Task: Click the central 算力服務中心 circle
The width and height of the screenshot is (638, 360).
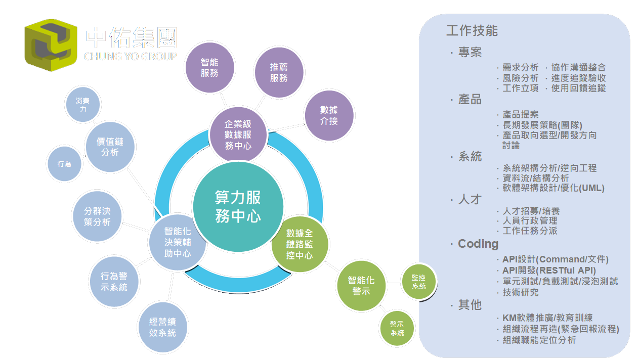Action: point(238,206)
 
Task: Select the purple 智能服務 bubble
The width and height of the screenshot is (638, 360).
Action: point(209,68)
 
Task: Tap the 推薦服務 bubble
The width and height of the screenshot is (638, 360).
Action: point(279,72)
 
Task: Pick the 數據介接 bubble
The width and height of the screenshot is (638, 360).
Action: point(329,115)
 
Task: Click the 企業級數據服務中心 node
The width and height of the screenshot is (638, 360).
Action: point(238,134)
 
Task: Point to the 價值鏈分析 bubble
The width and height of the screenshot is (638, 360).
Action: point(110,147)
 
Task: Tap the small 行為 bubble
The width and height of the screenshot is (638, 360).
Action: point(65,164)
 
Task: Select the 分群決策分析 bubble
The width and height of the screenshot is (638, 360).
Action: point(97,216)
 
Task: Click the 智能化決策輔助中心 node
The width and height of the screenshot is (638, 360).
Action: point(177,242)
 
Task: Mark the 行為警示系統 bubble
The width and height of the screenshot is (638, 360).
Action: point(114,282)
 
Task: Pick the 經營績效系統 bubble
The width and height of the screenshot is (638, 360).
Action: point(162,328)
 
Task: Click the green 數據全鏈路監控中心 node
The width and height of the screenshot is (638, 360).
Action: point(300,245)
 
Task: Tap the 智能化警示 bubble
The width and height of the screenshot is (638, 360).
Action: point(361,286)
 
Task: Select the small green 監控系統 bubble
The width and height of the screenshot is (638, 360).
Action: point(419,282)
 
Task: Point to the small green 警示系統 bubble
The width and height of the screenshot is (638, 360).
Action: point(397,329)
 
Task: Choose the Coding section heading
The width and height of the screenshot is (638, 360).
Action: point(478,244)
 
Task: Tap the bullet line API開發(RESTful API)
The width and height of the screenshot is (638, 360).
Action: point(549,271)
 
